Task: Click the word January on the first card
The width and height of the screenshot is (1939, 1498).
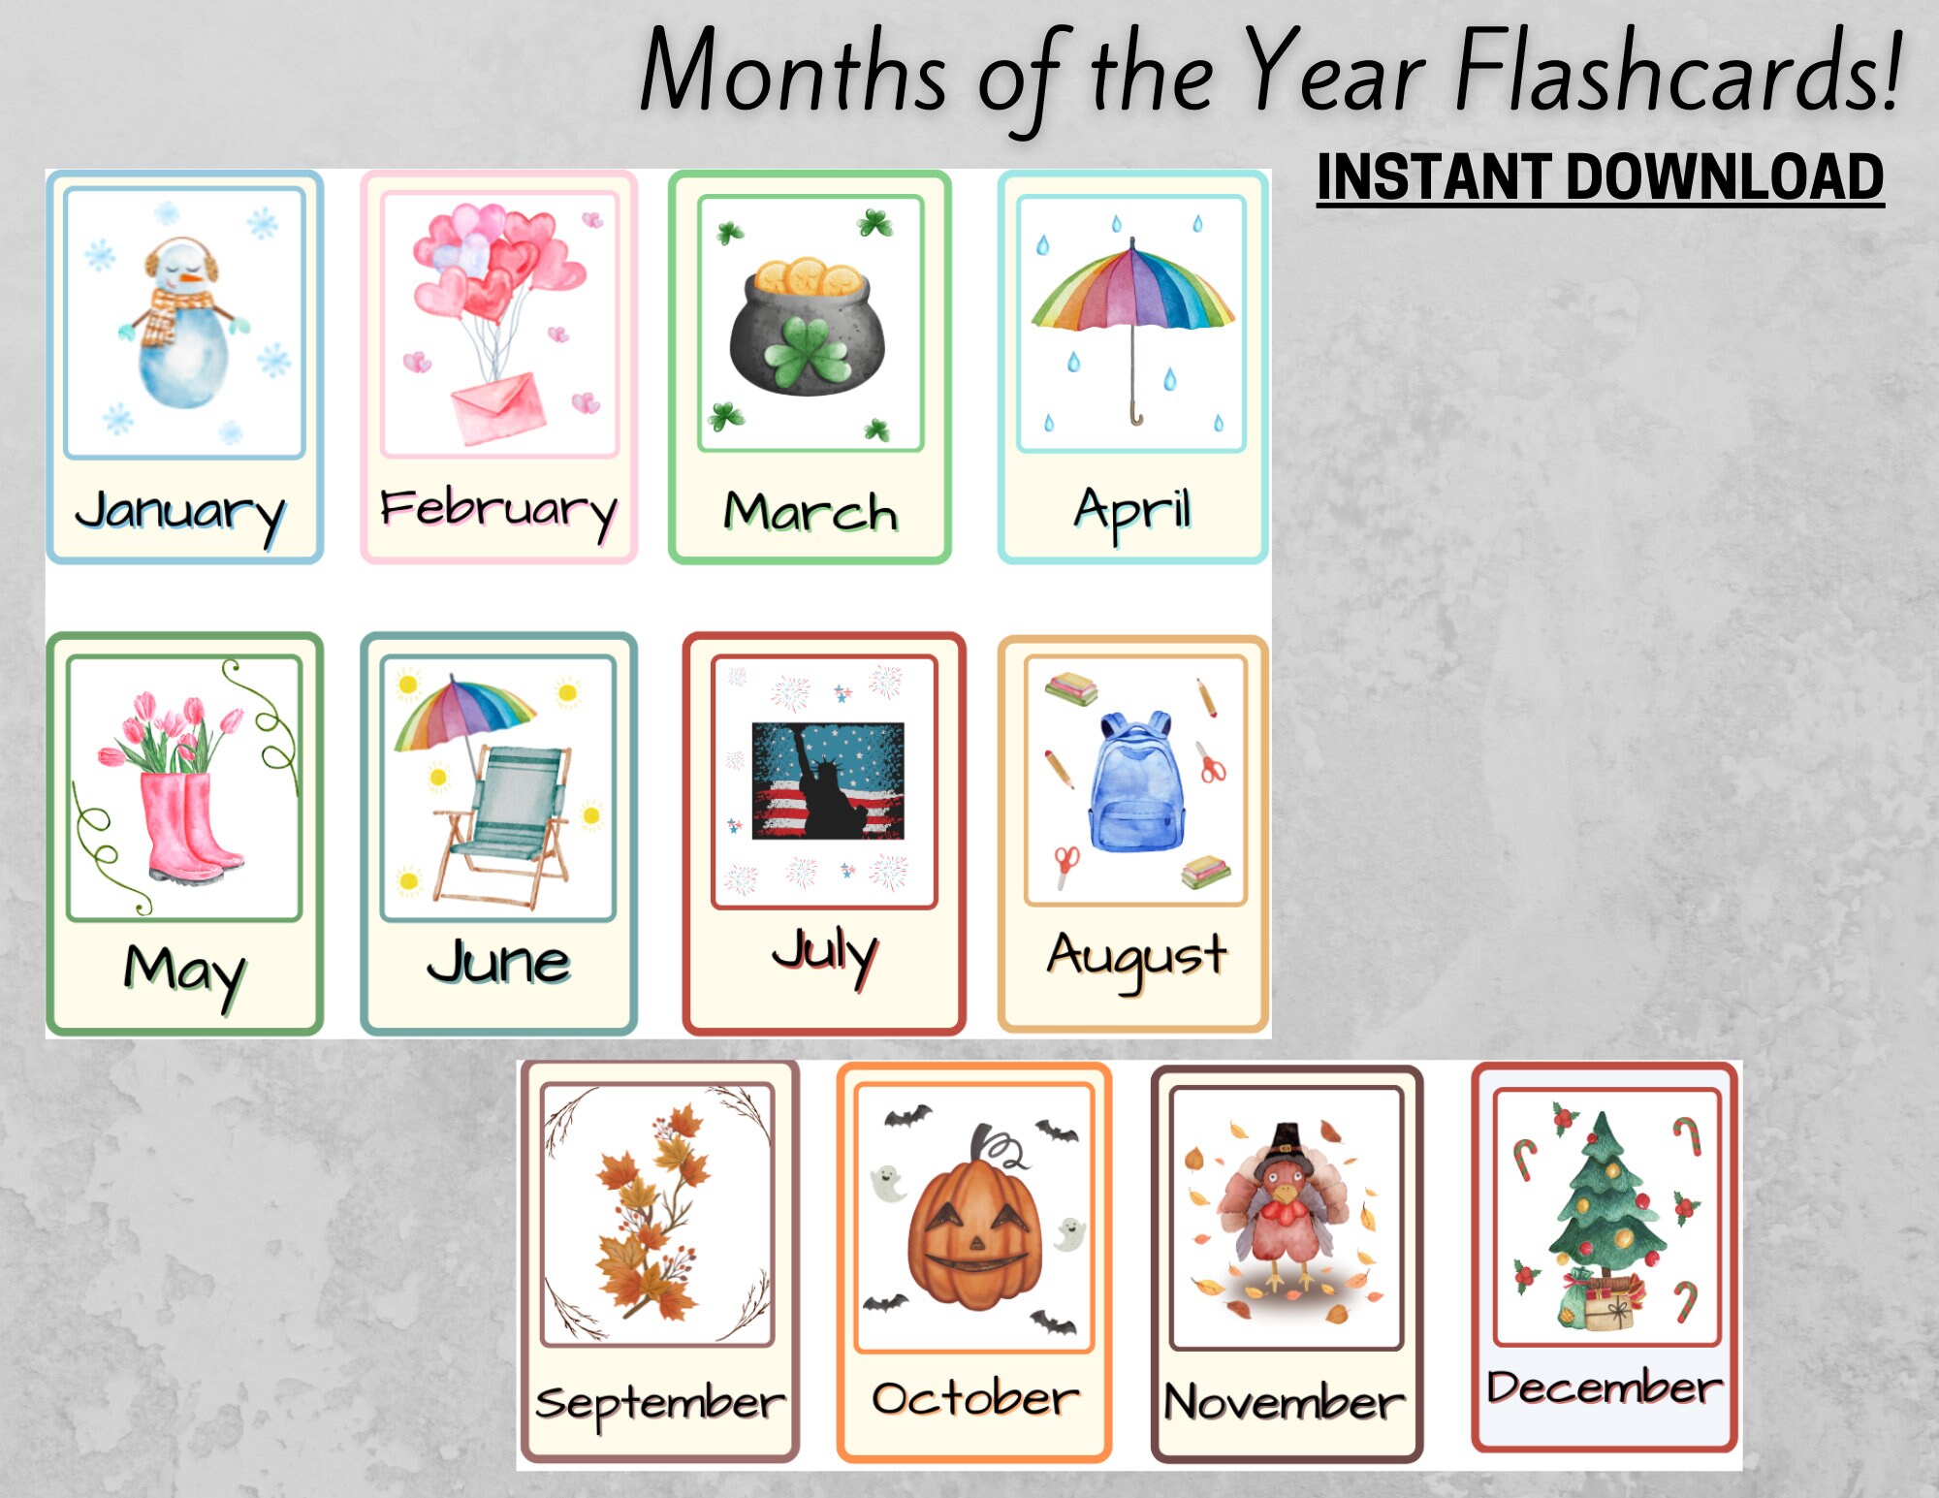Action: pos(180,511)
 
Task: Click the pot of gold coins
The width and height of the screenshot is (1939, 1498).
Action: pos(807,330)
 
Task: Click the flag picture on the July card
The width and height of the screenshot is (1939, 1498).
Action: pos(828,781)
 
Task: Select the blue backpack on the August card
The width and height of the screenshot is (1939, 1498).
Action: pos(1136,785)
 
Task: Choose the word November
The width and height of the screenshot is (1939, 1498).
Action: pos(1284,1402)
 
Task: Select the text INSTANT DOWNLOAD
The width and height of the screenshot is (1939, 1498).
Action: pos(1600,178)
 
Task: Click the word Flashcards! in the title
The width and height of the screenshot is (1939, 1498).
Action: pos(1677,73)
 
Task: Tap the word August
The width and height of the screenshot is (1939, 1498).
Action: pos(1136,958)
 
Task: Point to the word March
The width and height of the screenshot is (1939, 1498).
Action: pos(811,512)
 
